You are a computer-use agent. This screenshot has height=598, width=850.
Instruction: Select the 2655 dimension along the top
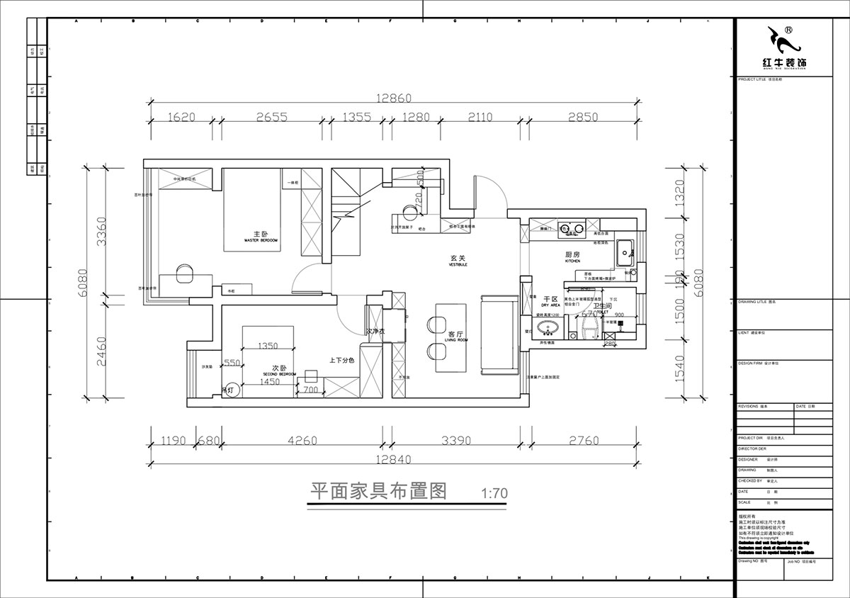point(271,118)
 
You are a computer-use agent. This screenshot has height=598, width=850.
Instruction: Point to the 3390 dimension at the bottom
point(456,441)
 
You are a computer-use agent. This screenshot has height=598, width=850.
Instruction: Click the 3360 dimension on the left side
point(102,231)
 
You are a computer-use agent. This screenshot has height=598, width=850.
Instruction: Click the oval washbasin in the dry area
point(548,328)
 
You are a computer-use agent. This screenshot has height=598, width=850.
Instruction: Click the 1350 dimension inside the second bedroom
point(267,346)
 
